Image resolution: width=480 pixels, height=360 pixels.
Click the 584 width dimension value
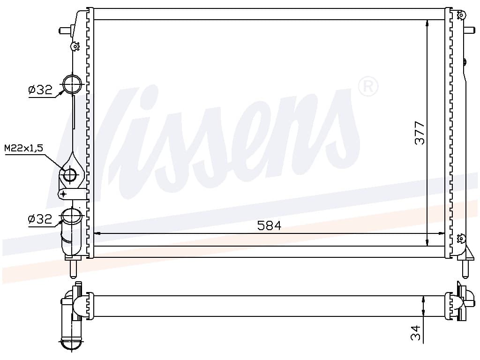coord(269,225)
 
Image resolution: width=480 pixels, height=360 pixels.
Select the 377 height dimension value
coord(420,133)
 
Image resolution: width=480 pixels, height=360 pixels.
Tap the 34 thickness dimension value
coord(415,333)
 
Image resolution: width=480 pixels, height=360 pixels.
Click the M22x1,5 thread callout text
coord(24,148)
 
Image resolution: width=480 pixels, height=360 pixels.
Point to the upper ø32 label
coord(40,90)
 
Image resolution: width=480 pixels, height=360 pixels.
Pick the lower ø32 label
coord(40,219)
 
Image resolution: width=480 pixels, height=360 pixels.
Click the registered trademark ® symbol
coord(368,87)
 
